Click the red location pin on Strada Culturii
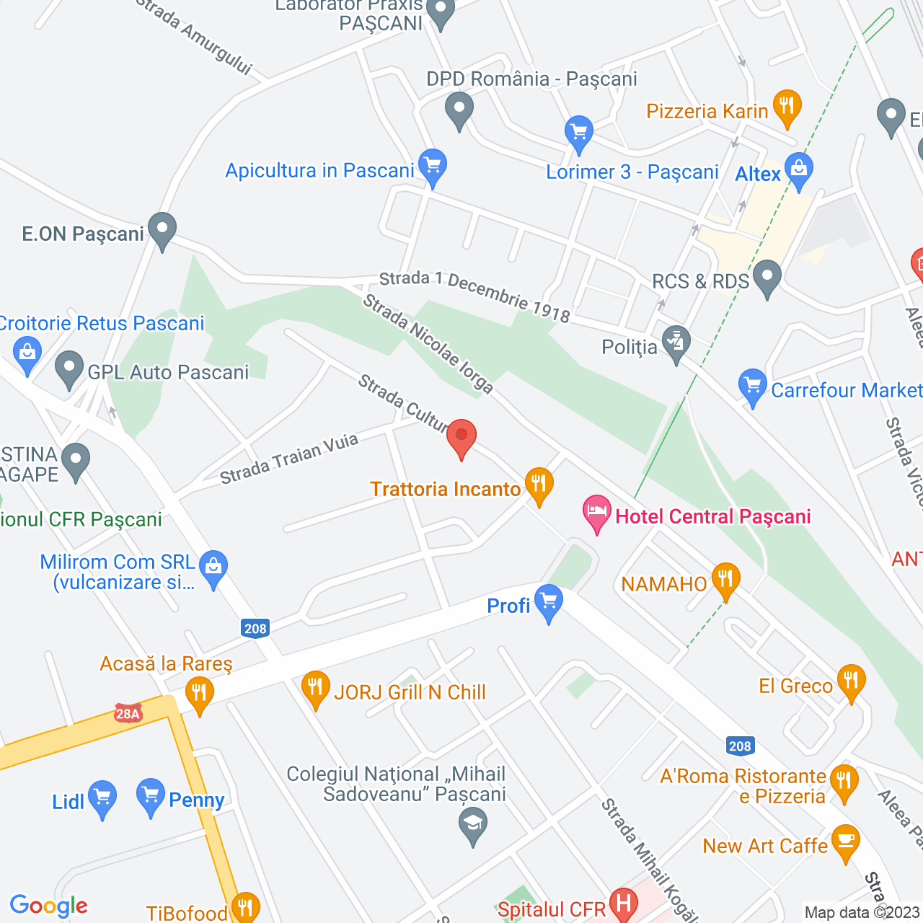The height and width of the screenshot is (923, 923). click(461, 437)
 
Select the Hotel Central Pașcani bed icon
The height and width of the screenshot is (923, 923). click(597, 513)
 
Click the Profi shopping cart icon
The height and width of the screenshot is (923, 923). click(549, 601)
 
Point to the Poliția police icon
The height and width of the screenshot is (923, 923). click(676, 343)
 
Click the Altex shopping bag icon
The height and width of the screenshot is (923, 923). click(798, 171)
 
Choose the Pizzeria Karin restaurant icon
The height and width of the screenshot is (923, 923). click(787, 107)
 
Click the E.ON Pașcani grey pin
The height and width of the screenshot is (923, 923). click(162, 230)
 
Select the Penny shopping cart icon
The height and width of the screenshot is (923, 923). click(151, 796)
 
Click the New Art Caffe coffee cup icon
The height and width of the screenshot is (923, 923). click(845, 842)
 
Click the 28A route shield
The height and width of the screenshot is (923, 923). click(128, 714)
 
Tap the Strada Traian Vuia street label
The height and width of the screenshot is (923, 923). click(288, 459)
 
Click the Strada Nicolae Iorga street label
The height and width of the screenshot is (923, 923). click(428, 344)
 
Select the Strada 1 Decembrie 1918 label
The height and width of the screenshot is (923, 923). click(474, 296)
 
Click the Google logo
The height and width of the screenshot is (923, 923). click(49, 906)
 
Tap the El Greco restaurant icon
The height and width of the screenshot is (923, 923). click(852, 681)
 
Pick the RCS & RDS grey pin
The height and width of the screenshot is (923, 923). click(767, 278)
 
